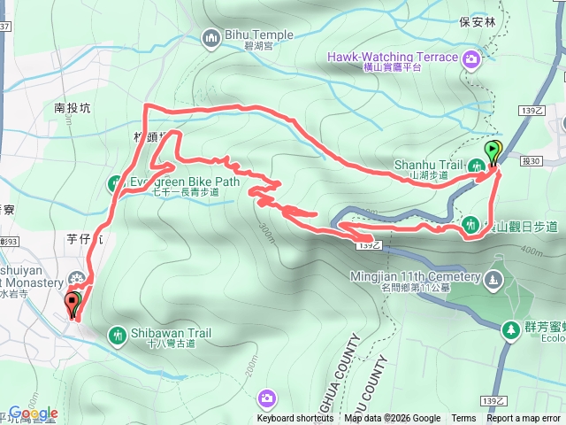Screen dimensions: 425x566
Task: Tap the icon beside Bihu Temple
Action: point(211,37)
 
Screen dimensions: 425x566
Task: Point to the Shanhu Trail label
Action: point(433,164)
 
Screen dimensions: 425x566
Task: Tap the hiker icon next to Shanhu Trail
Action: point(477,165)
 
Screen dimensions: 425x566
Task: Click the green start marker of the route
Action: point(493,151)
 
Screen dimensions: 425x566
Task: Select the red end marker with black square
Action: point(73,305)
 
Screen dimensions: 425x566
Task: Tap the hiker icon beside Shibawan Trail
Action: point(117,335)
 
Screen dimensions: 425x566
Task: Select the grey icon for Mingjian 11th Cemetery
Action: point(493,280)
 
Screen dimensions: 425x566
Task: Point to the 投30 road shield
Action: point(531,160)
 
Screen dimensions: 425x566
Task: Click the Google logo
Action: point(33,413)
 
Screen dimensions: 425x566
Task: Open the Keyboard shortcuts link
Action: point(295,419)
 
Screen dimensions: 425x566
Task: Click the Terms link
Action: point(463,419)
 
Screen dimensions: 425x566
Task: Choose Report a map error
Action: point(524,419)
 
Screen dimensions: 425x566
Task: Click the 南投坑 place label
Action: point(73,108)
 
